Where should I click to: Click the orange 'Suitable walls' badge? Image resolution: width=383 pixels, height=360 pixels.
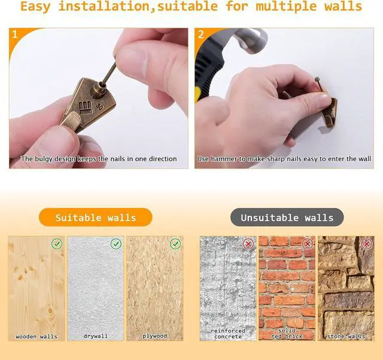click(x=96, y=217)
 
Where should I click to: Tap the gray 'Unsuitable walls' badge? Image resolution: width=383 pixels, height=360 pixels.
click(x=287, y=217)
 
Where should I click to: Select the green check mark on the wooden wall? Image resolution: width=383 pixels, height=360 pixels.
click(x=57, y=243)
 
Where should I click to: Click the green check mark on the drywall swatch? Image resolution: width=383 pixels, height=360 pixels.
click(x=116, y=243)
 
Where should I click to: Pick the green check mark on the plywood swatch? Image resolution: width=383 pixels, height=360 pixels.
click(x=175, y=243)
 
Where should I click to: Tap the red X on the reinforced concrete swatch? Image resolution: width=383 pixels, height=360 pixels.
click(x=248, y=243)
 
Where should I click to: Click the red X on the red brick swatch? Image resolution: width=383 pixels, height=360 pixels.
click(x=308, y=243)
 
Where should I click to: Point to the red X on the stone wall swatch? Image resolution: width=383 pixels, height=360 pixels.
click(x=367, y=243)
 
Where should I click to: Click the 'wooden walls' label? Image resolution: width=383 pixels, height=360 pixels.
click(x=37, y=337)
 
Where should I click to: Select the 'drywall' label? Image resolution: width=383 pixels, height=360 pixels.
click(x=96, y=336)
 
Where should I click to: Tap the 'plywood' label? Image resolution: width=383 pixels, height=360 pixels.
click(x=154, y=336)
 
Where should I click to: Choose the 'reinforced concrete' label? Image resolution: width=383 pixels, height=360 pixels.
click(x=228, y=334)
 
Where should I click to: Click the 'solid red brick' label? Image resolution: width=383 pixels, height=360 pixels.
click(x=287, y=334)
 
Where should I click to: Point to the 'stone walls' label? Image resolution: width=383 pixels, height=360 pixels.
click(x=346, y=337)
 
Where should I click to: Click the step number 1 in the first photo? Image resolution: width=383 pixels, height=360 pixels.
click(x=14, y=35)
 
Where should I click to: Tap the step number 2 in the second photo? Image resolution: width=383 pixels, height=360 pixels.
click(x=201, y=35)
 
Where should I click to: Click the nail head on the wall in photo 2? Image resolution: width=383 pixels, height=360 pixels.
click(x=317, y=80)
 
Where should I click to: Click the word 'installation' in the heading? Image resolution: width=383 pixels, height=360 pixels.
click(x=104, y=7)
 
